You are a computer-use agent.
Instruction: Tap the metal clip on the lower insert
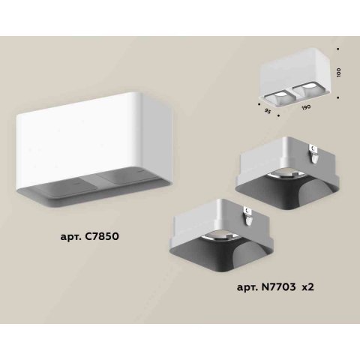tap(246, 216)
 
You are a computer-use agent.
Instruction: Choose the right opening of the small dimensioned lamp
tap(304, 91)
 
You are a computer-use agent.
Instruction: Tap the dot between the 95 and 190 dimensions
tap(279, 116)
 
